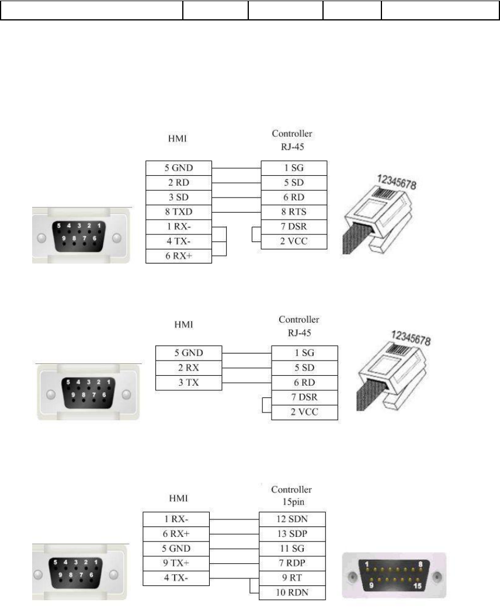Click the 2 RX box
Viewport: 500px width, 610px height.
189,369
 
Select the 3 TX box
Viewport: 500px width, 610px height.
189,383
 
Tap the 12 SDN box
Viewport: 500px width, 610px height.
292,519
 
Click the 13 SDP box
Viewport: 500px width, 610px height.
292,534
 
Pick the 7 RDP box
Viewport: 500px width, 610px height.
292,563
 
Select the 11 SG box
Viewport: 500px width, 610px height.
292,549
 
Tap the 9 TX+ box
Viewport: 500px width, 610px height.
176,563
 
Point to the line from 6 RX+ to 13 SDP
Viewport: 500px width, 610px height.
234,534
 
